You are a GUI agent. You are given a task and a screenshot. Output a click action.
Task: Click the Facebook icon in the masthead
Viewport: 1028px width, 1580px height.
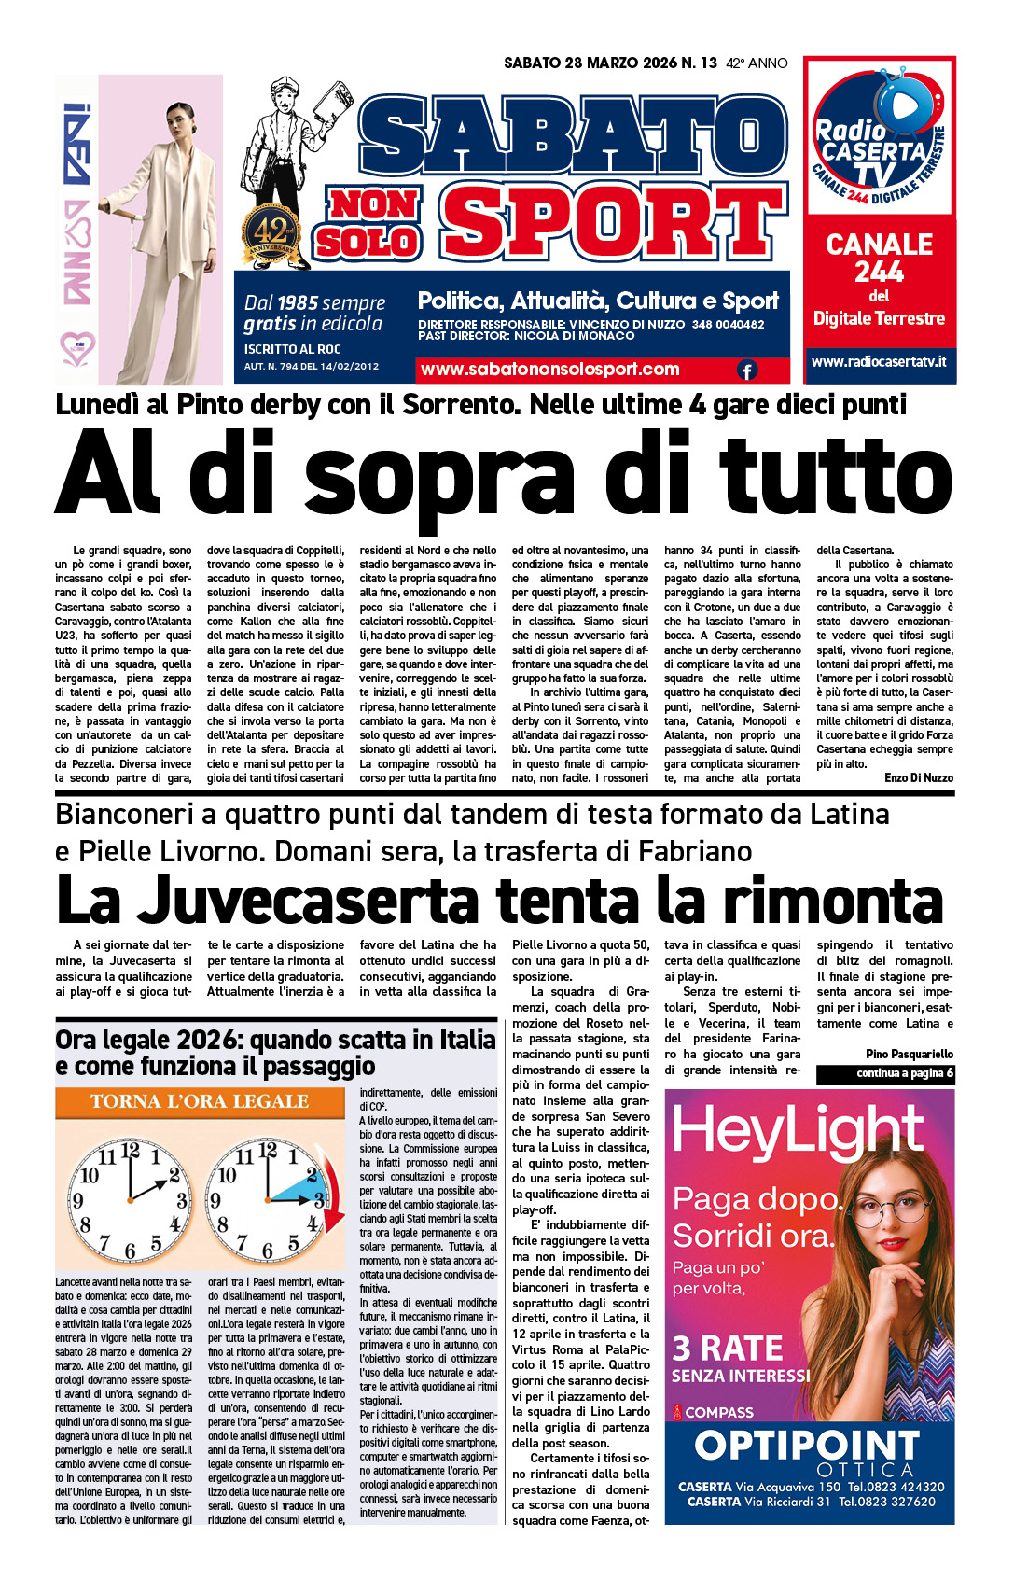coord(747,371)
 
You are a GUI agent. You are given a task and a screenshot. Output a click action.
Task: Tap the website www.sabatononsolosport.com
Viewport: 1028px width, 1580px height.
coord(549,370)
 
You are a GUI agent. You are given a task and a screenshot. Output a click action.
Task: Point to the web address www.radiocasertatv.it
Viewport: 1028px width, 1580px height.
coord(879,361)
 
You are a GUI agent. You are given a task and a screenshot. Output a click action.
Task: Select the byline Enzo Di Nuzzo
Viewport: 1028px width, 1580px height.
coord(918,777)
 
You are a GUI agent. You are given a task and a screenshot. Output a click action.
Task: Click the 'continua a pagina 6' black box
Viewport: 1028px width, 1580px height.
coord(885,1073)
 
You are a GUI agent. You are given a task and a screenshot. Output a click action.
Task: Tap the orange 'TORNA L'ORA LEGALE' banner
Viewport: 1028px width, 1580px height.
coord(200,1102)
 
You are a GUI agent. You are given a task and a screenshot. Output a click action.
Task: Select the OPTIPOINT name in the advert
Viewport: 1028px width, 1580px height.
coord(807,1447)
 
